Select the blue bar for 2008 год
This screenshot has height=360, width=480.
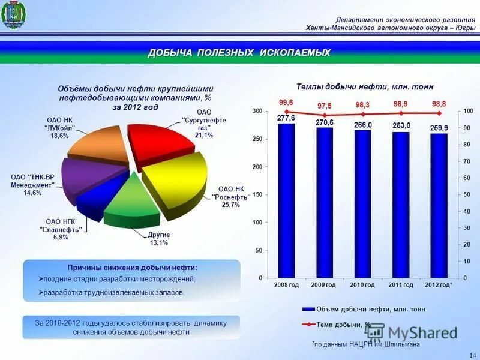pos(286,201)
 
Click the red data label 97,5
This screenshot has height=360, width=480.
pos(325,106)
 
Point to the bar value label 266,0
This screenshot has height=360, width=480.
pos(363,125)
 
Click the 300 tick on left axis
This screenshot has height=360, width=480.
pos(257,112)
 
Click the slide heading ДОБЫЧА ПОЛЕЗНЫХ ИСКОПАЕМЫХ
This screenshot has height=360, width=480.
pos(239,53)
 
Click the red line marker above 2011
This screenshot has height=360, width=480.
pos(401,113)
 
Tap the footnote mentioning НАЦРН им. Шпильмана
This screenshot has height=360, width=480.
pos(367,345)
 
